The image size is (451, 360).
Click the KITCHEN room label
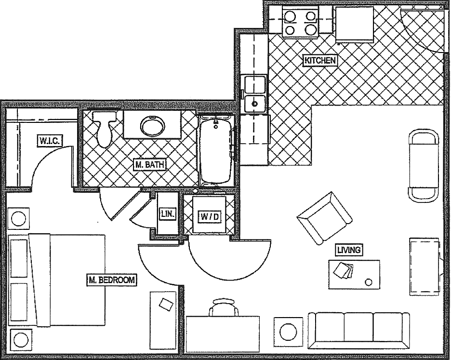pos(319,60)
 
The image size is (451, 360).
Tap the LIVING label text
pos(349,250)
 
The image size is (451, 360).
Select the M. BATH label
pos(150,165)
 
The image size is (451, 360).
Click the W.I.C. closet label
pos(50,141)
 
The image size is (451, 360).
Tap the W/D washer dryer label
pos(210,217)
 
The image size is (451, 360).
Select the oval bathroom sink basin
pos(152,127)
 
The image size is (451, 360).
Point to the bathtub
pos(215,149)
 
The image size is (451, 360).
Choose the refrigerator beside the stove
pos(355,24)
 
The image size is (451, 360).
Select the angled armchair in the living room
pos(324,218)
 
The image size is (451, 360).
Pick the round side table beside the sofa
pos(289,332)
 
